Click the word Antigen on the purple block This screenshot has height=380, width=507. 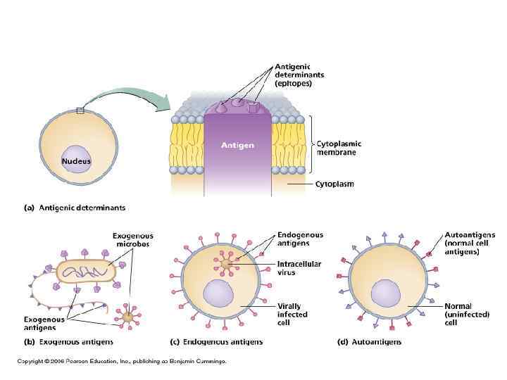point(237,146)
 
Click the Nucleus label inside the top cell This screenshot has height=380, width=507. point(75,161)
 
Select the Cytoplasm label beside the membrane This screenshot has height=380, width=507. point(335,184)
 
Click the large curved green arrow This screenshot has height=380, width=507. point(130,95)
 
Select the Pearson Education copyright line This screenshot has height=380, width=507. point(122,361)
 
